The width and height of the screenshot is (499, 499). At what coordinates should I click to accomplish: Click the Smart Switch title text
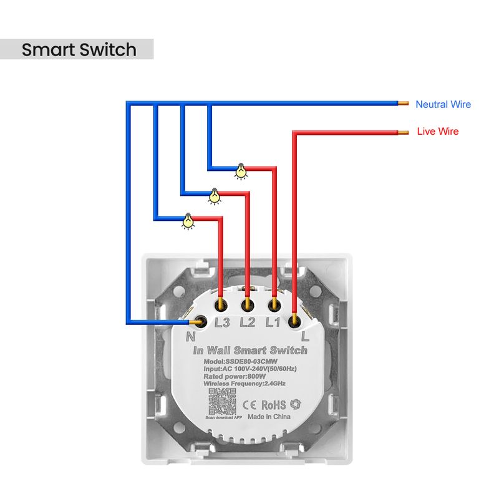pyautogui.click(x=79, y=50)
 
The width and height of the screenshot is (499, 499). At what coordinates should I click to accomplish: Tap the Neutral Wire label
pyautogui.click(x=443, y=105)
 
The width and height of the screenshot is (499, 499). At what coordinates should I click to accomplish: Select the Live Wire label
pyautogui.click(x=438, y=132)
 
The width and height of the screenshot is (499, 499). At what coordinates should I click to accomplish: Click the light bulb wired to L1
pyautogui.click(x=241, y=171)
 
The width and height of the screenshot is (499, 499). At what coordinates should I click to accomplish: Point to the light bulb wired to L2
pyautogui.click(x=215, y=196)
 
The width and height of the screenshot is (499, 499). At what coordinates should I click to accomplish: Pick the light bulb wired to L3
pyautogui.click(x=188, y=221)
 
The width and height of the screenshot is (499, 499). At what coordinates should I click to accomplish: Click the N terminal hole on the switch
pyautogui.click(x=201, y=321)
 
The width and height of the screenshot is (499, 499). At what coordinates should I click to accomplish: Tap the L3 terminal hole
pyautogui.click(x=221, y=305)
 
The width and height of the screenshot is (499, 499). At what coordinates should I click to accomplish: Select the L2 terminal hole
pyautogui.click(x=248, y=305)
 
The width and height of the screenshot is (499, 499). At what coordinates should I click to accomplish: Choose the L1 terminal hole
pyautogui.click(x=274, y=305)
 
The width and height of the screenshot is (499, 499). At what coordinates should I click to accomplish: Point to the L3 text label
pyautogui.click(x=222, y=323)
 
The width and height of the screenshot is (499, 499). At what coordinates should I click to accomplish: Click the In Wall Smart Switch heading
pyautogui.click(x=250, y=351)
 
